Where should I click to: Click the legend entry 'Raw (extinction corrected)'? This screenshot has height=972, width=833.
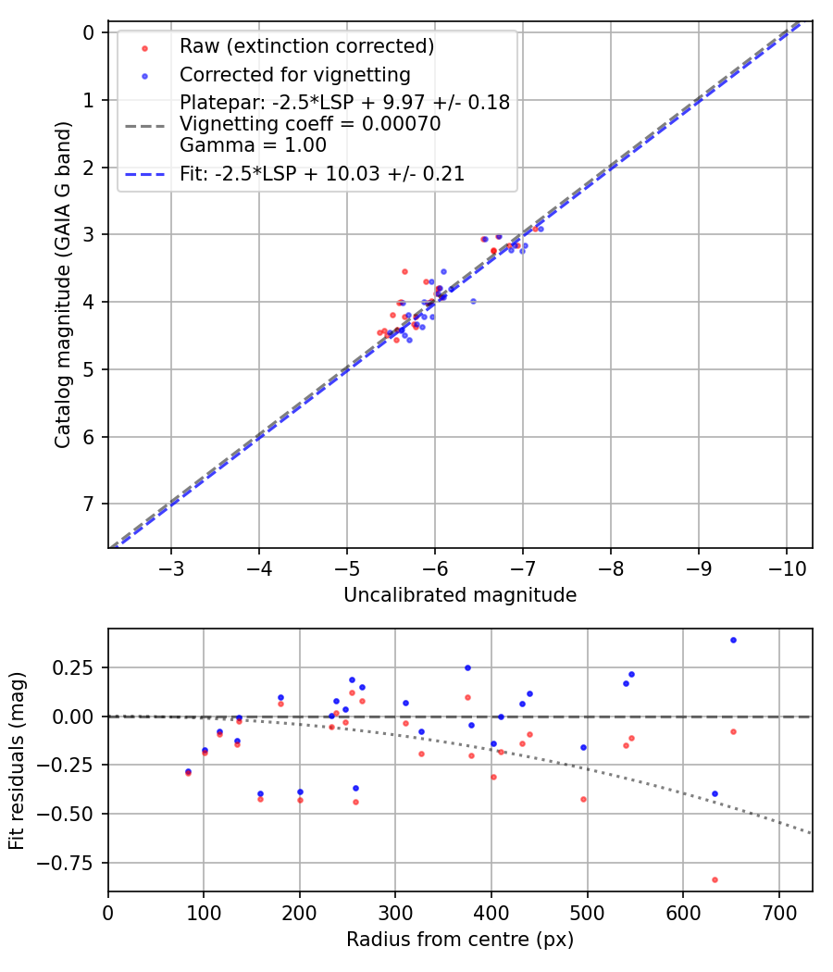pyautogui.click(x=307, y=46)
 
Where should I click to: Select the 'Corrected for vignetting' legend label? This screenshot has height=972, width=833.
pyautogui.click(x=295, y=74)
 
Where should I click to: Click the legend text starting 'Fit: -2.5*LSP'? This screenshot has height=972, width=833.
pyautogui.click(x=322, y=173)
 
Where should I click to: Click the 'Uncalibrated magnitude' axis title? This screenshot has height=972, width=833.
pyautogui.click(x=460, y=595)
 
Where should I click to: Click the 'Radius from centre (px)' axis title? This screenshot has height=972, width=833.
pyautogui.click(x=460, y=940)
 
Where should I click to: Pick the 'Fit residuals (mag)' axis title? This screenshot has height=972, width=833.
pyautogui.click(x=18, y=760)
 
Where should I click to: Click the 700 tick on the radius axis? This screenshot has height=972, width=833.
pyautogui.click(x=778, y=913)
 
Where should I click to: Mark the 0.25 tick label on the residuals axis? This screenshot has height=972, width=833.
pyautogui.click(x=81, y=667)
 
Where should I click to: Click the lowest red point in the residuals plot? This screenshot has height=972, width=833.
pyautogui.click(x=715, y=879)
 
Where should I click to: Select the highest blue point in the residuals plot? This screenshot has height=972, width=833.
pyautogui.click(x=733, y=640)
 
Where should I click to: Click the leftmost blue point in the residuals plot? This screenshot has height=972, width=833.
pyautogui.click(x=188, y=771)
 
